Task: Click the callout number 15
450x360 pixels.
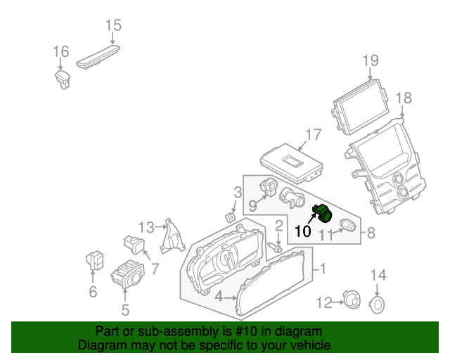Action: [x=113, y=26]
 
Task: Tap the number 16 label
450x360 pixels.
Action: [x=61, y=51]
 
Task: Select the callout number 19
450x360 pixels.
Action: [x=371, y=60]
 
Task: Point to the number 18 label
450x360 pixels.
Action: [x=403, y=97]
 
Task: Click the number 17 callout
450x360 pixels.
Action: [x=313, y=134]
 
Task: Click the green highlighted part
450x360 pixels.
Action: [x=323, y=212]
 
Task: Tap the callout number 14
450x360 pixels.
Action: [x=378, y=274]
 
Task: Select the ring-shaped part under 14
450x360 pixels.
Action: [x=378, y=304]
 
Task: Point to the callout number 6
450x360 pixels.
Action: [x=93, y=291]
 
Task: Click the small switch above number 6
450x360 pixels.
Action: [x=94, y=259]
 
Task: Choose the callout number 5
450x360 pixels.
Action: [x=125, y=309]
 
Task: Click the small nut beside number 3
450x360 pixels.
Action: [x=229, y=217]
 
